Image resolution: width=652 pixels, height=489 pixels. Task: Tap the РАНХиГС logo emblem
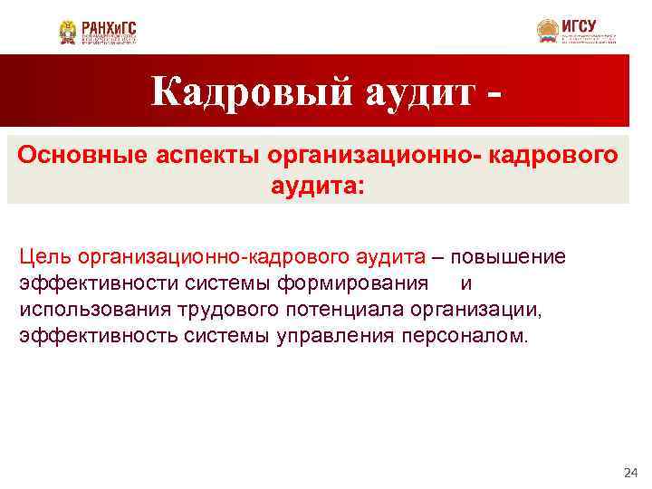[x=69, y=33]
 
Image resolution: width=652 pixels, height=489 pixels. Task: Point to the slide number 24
[x=631, y=473]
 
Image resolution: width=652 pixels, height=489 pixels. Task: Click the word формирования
[x=352, y=283]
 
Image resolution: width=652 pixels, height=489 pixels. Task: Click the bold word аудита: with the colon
[x=318, y=187]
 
